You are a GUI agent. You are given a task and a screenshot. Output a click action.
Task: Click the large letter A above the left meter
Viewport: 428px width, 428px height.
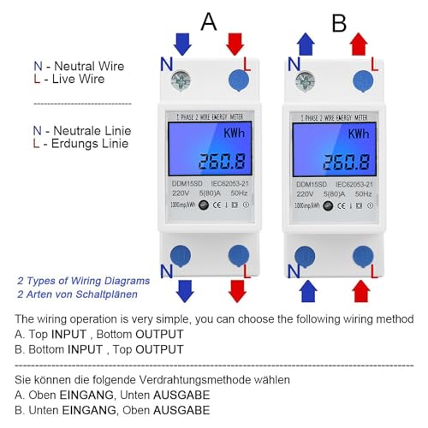[x=209, y=21]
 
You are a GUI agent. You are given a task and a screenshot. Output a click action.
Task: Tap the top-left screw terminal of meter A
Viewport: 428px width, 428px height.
[x=182, y=80]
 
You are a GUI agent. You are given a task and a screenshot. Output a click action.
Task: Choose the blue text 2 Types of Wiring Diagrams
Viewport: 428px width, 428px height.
[x=83, y=280]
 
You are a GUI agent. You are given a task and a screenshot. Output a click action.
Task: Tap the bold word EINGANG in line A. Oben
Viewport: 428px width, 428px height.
[x=86, y=395]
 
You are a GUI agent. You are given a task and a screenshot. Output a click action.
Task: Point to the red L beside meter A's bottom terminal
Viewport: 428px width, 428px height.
[x=245, y=270]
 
